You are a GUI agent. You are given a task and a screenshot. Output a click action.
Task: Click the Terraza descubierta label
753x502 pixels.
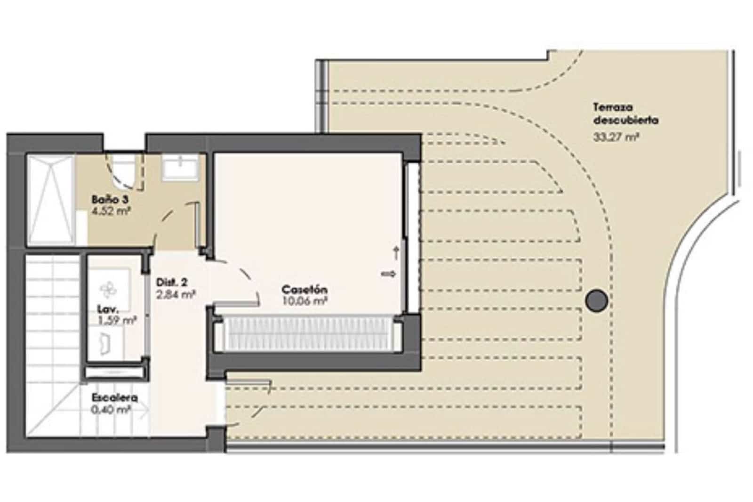(x=625, y=113)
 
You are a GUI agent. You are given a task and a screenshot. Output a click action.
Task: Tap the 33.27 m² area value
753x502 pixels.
(x=616, y=138)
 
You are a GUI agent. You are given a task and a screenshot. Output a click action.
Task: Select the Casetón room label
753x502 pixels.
(x=304, y=289)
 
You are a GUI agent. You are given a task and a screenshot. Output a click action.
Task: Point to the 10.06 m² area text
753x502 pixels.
(x=304, y=301)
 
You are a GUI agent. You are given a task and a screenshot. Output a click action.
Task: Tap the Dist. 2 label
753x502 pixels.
(x=172, y=283)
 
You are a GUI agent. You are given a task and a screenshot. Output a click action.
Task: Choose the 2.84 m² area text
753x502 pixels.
(x=176, y=295)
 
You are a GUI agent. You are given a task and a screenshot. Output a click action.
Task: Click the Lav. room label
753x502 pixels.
(x=108, y=309)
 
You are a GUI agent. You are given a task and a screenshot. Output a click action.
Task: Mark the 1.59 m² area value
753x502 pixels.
(x=117, y=321)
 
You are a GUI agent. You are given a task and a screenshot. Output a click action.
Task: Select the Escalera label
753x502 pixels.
(x=115, y=397)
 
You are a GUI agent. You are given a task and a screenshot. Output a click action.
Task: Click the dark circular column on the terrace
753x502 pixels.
(x=596, y=300)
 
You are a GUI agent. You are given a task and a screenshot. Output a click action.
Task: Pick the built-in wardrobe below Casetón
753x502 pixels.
(x=308, y=333)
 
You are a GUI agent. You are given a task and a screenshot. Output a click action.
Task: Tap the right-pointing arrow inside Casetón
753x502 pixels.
(x=389, y=274)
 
